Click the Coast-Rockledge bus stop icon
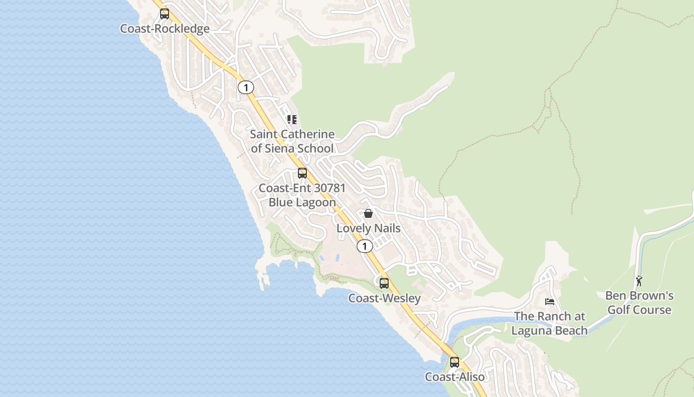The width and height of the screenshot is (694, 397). [x=165, y=14]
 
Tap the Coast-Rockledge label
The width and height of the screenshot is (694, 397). [x=165, y=29]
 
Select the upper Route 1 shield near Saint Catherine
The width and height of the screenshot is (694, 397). [x=245, y=87]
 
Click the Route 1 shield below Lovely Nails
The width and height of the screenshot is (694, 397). [x=365, y=246]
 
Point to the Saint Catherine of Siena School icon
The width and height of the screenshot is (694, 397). [x=292, y=120]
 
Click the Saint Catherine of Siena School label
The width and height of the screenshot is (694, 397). [x=292, y=141]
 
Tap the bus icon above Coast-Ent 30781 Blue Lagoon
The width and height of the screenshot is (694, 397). [x=302, y=173]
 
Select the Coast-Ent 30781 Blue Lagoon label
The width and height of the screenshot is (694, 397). [x=302, y=195]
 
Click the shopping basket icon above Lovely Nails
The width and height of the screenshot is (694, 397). [x=368, y=213]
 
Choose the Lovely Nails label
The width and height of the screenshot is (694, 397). [x=368, y=228]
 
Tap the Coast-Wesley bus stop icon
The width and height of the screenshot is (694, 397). [x=384, y=283]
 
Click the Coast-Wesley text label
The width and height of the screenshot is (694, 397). [x=384, y=298]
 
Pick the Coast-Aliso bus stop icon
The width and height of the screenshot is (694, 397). [x=455, y=362]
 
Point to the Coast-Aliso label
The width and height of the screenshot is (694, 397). [x=455, y=377]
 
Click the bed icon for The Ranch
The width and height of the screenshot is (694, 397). [x=550, y=301]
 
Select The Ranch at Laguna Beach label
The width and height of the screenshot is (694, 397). [x=549, y=323]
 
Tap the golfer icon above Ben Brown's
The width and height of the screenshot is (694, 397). [x=639, y=281]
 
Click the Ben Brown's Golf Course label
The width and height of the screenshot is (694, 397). [x=639, y=303]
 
